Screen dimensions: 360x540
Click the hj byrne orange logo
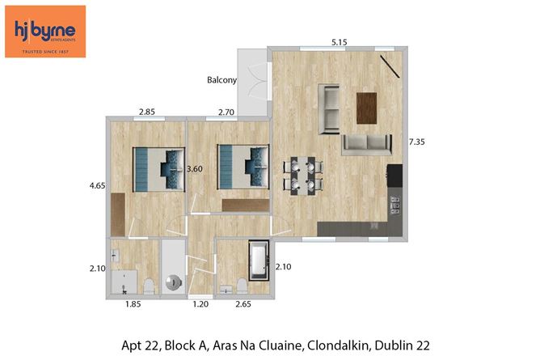(45, 31)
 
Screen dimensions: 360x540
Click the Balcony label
(221, 80)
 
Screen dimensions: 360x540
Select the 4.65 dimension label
(98, 186)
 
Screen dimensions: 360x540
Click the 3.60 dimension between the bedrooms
(194, 169)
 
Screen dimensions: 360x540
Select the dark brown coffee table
(367, 108)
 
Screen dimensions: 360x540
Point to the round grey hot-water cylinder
(174, 282)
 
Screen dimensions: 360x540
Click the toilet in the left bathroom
(149, 284)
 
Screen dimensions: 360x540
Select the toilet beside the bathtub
(242, 284)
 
